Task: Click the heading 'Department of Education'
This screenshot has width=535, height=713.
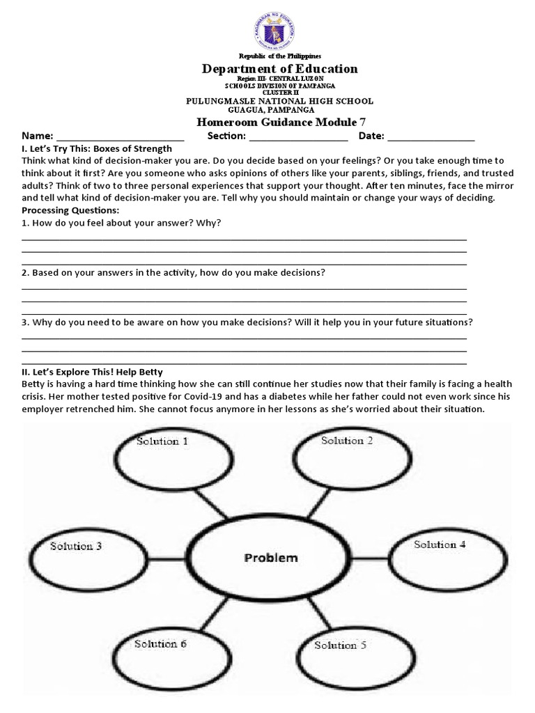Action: [279, 68]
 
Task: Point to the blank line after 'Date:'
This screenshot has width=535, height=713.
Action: [432, 136]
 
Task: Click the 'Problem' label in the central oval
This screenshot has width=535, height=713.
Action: [270, 558]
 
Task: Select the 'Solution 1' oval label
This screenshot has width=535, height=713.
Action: [162, 441]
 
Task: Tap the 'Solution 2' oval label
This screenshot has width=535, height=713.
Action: [347, 441]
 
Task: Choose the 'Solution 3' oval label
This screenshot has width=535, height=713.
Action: [76, 546]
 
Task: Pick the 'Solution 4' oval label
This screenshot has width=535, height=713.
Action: [440, 544]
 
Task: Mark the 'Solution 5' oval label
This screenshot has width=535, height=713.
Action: [340, 645]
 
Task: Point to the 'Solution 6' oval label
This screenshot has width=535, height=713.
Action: [160, 644]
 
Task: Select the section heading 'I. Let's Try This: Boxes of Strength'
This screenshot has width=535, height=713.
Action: [97, 149]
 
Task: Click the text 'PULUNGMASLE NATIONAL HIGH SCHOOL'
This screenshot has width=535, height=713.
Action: [279, 101]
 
